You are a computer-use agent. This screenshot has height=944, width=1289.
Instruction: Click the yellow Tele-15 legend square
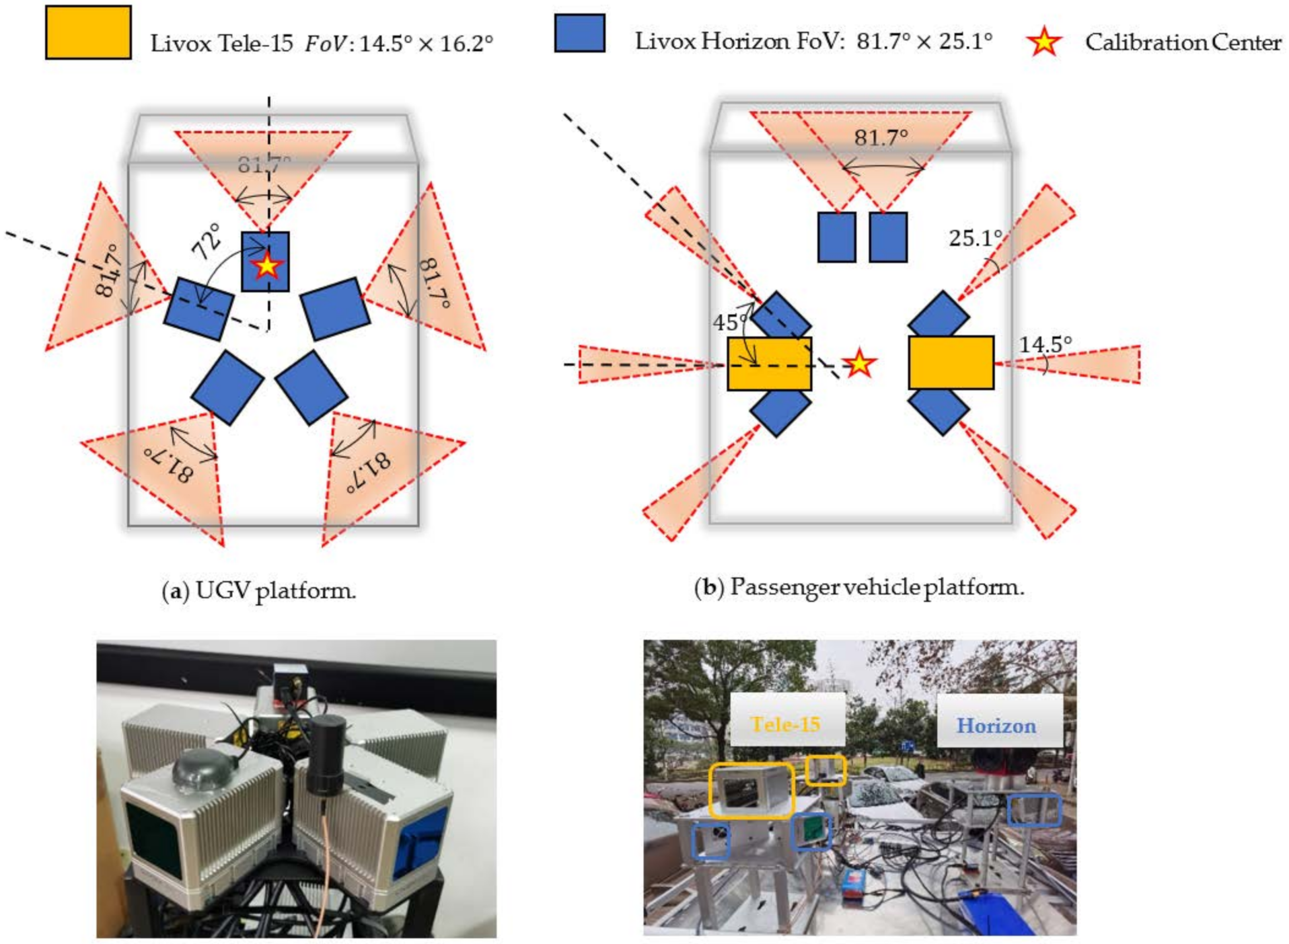point(88,32)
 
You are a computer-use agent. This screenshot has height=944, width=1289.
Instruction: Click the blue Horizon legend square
point(580,33)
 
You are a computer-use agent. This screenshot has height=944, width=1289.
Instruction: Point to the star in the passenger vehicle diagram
point(858,364)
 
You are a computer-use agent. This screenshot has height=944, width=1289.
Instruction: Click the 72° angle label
point(207,242)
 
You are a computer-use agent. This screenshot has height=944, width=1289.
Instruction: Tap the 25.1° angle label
point(975,238)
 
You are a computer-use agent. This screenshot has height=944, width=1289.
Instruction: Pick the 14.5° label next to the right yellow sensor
point(1045,345)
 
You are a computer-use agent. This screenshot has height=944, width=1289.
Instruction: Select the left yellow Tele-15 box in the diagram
point(769,364)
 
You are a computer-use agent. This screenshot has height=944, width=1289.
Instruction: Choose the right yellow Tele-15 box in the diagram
point(951,363)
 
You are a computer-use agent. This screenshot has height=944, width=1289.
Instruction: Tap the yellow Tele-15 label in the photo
point(786,725)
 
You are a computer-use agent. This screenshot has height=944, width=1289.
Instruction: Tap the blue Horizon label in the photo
point(996,726)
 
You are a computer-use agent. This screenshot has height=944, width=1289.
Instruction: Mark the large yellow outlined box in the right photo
point(751,791)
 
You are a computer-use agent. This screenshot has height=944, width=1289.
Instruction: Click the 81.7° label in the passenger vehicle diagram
point(881,138)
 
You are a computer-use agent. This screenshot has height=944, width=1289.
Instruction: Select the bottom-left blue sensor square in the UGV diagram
point(228,387)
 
